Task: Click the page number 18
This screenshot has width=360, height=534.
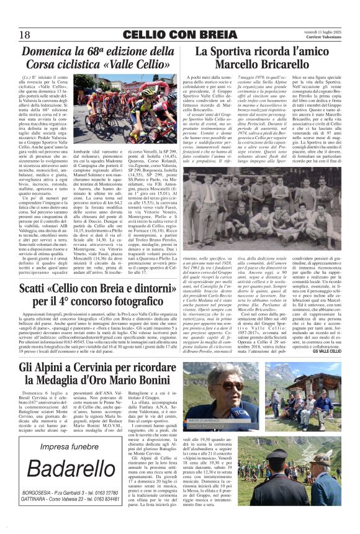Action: (24, 35)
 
